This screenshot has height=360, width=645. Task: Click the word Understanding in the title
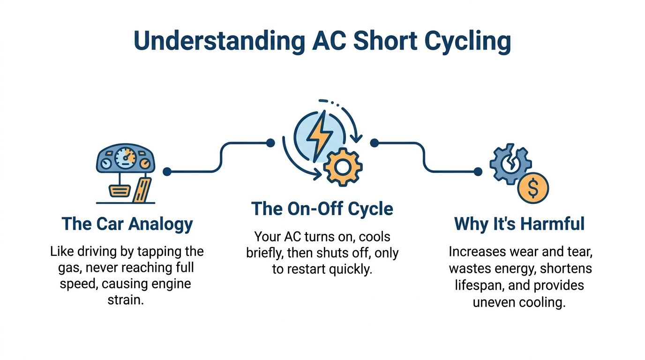pos(217,41)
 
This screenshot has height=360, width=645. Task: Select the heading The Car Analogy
pos(127,224)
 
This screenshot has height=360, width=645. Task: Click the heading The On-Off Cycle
pos(322,209)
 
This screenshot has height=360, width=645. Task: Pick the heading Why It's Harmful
pos(519,224)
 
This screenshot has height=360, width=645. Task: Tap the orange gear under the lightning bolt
pos(343,166)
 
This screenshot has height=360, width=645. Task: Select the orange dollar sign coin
pos(533,187)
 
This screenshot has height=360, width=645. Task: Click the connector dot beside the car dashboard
pos(167,172)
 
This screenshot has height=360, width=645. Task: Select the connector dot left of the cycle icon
pos(270,142)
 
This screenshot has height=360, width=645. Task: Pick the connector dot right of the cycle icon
pos(374,142)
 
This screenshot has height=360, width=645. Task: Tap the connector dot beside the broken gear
pos(478,172)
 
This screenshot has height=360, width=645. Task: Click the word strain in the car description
pos(125,300)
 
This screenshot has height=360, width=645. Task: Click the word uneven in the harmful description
pos(493,302)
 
